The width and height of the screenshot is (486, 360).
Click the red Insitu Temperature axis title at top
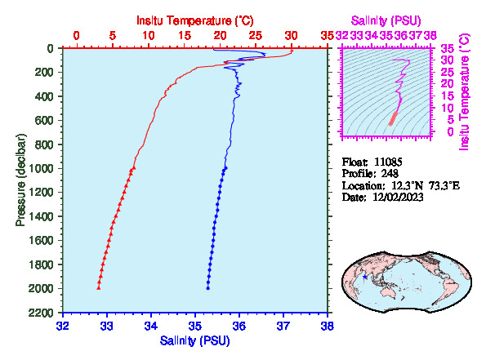click(x=195, y=20)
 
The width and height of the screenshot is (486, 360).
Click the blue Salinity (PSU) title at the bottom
click(x=195, y=340)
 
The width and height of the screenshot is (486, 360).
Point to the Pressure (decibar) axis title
click(x=20, y=180)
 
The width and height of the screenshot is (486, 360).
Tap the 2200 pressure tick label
click(x=42, y=313)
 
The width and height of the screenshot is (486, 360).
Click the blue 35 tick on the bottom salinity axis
click(x=195, y=326)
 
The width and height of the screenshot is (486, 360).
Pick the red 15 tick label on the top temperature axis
click(x=185, y=36)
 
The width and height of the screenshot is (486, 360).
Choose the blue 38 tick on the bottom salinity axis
click(x=328, y=326)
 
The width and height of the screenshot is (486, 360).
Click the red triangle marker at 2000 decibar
click(x=99, y=288)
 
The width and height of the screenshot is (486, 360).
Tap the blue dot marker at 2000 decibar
click(x=208, y=288)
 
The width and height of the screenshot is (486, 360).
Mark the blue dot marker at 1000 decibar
click(x=225, y=168)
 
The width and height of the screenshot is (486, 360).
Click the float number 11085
click(x=388, y=162)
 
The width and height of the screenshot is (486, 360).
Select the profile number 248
click(x=390, y=173)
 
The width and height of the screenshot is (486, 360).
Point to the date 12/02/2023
click(x=398, y=197)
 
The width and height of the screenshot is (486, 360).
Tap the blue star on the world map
click(x=365, y=277)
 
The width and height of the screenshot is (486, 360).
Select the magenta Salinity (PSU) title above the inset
click(x=386, y=20)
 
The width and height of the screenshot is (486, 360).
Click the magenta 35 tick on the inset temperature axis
click(x=447, y=48)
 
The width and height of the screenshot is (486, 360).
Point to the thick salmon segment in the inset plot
click(x=394, y=119)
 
